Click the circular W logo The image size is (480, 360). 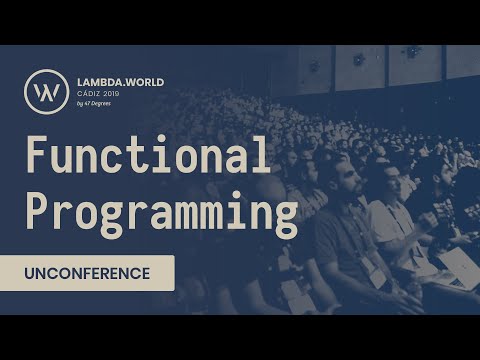46,91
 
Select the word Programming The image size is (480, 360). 161,213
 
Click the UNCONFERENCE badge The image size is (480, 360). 87,273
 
